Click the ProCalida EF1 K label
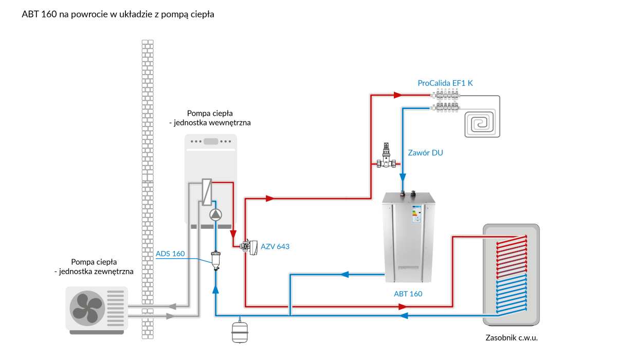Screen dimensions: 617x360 (x=445, y=83)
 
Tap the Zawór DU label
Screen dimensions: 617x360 (x=425, y=153)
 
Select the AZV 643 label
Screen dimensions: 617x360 (x=275, y=246)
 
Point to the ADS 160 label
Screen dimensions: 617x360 (x=170, y=254)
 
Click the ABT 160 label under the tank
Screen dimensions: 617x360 (x=408, y=294)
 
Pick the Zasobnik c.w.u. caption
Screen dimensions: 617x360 (x=512, y=338)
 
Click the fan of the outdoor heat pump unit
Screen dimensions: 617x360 (x=87, y=308)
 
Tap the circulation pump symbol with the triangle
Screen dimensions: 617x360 (x=215, y=215)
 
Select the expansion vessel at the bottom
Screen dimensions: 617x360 (x=240, y=332)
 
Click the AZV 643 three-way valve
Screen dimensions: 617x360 (x=249, y=247)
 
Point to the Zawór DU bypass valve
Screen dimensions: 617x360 (x=386, y=156)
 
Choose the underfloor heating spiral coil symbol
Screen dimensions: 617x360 (x=482, y=123)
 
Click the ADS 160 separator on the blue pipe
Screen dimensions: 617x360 (x=215, y=260)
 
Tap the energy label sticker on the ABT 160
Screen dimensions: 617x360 (x=416, y=214)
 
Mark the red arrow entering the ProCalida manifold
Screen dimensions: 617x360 (x=398, y=95)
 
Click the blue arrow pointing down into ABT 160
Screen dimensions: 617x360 (x=403, y=177)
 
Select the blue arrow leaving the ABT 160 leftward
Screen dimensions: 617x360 (x=345, y=274)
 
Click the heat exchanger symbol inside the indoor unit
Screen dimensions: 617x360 (x=207, y=192)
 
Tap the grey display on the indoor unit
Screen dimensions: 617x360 (x=211, y=141)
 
